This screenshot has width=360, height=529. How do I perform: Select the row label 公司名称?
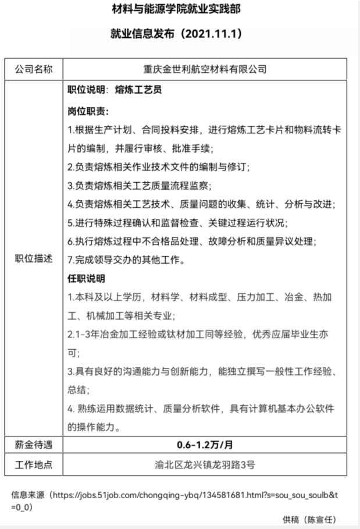[33, 69]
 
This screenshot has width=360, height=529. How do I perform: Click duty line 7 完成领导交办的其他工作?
[126, 260]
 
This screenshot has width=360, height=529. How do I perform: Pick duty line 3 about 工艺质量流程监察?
[140, 186]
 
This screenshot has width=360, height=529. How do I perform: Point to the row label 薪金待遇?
[33, 445]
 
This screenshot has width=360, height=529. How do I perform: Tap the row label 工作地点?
[33, 464]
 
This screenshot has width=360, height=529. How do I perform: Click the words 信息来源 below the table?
[27, 495]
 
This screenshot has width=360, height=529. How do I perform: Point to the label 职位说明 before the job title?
[86, 90]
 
